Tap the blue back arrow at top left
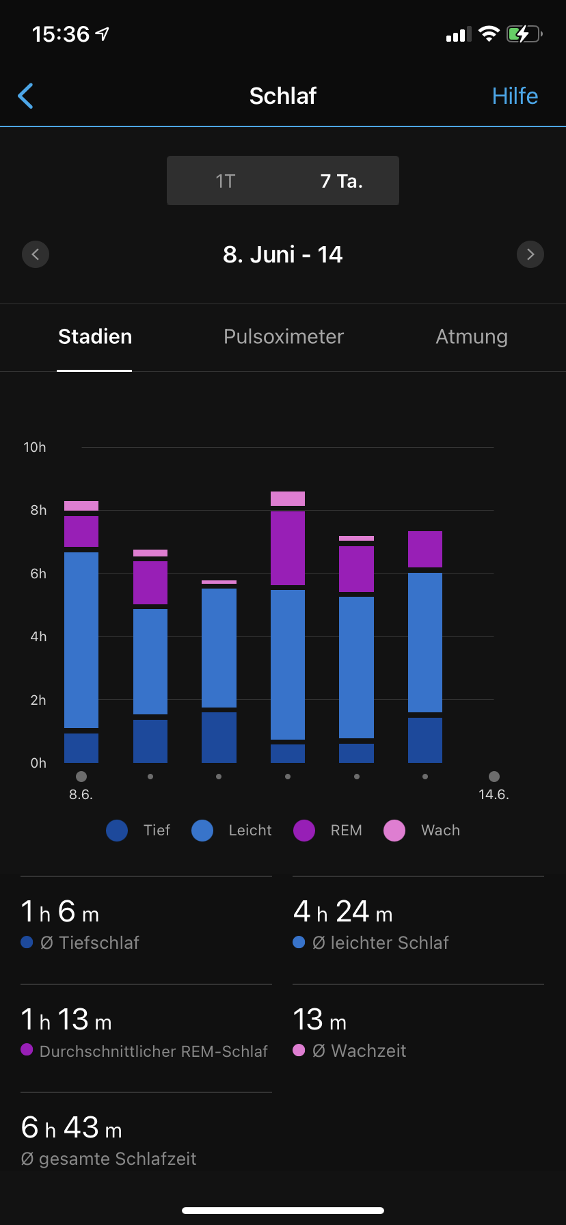26,96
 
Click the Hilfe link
515,96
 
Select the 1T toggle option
225,181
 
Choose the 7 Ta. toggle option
341,181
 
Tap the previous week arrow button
36,254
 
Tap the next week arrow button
530,254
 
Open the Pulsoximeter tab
283,336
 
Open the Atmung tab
472,336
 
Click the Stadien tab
95,336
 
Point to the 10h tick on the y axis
35,447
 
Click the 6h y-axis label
38,574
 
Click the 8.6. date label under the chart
81,794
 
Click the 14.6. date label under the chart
494,794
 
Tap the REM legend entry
327,831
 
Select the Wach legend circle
394,831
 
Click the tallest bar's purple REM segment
288,548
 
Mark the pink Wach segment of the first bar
81,506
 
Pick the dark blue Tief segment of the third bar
219,737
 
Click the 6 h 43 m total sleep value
72,1128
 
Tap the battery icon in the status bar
524,33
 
